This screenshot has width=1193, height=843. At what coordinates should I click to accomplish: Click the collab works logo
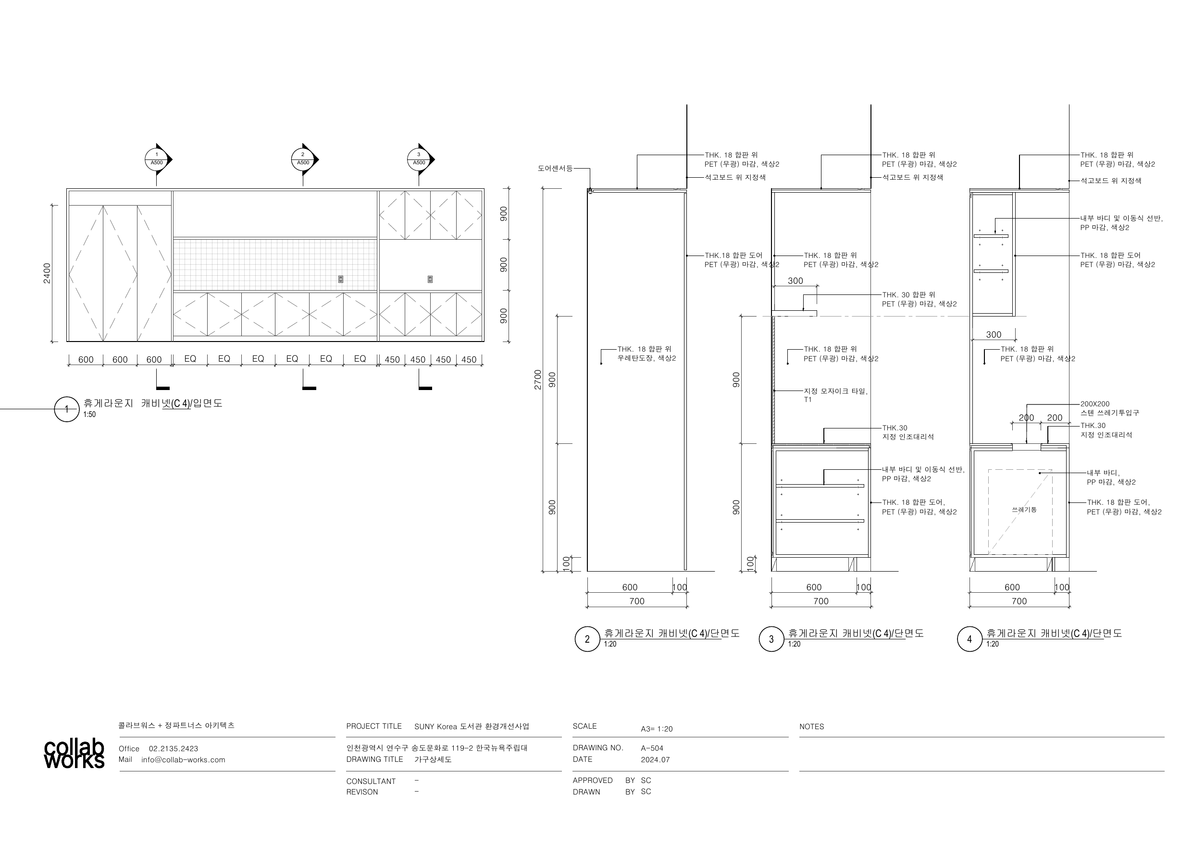coord(74,754)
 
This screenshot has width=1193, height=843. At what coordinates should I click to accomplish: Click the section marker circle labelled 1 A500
coord(156,159)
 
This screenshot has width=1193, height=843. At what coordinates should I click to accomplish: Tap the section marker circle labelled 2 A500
coord(303,159)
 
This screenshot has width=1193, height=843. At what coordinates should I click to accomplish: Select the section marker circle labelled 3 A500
coord(419,159)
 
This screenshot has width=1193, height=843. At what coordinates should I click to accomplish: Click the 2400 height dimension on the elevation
coord(47,273)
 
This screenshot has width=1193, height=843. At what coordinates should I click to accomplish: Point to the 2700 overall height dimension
coord(538,379)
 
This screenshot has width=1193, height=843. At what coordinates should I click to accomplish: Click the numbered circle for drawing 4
coord(969,639)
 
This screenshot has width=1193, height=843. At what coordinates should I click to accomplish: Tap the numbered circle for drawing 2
coord(587,639)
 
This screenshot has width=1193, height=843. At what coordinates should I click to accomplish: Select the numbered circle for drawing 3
coord(771,639)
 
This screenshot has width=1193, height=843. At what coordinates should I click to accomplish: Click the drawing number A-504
coord(652,748)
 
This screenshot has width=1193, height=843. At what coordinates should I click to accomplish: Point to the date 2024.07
coord(655,759)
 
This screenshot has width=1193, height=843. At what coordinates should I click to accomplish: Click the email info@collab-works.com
coord(184,760)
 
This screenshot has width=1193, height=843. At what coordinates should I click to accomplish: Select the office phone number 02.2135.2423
coord(174,748)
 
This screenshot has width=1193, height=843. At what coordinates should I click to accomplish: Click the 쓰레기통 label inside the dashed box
coord(1024,510)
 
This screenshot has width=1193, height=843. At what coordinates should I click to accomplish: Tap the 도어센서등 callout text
coord(555,168)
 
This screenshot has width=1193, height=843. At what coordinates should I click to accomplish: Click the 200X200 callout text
coord(1095,403)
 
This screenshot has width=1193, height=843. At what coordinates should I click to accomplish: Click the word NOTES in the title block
coord(812,727)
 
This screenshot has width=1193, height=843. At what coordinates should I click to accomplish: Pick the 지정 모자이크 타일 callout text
coord(835,391)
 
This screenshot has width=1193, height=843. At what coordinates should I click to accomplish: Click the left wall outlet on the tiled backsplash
coord(341,280)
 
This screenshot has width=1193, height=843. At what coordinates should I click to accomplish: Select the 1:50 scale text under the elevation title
coord(89,415)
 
